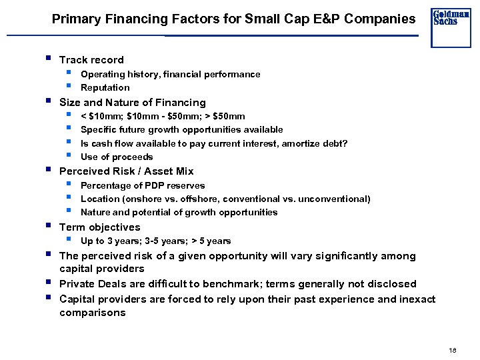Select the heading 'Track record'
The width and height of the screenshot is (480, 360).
pos(91,60)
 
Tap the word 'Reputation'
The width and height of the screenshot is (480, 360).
pos(105,87)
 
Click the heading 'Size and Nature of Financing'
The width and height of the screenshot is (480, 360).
pos(133,103)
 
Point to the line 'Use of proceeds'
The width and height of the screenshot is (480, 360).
pos(117,157)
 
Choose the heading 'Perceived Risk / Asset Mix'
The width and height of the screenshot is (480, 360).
pos(127,171)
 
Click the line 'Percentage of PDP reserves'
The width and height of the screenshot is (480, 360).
pos(143,186)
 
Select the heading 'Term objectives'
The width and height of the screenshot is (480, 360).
pos(100,227)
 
